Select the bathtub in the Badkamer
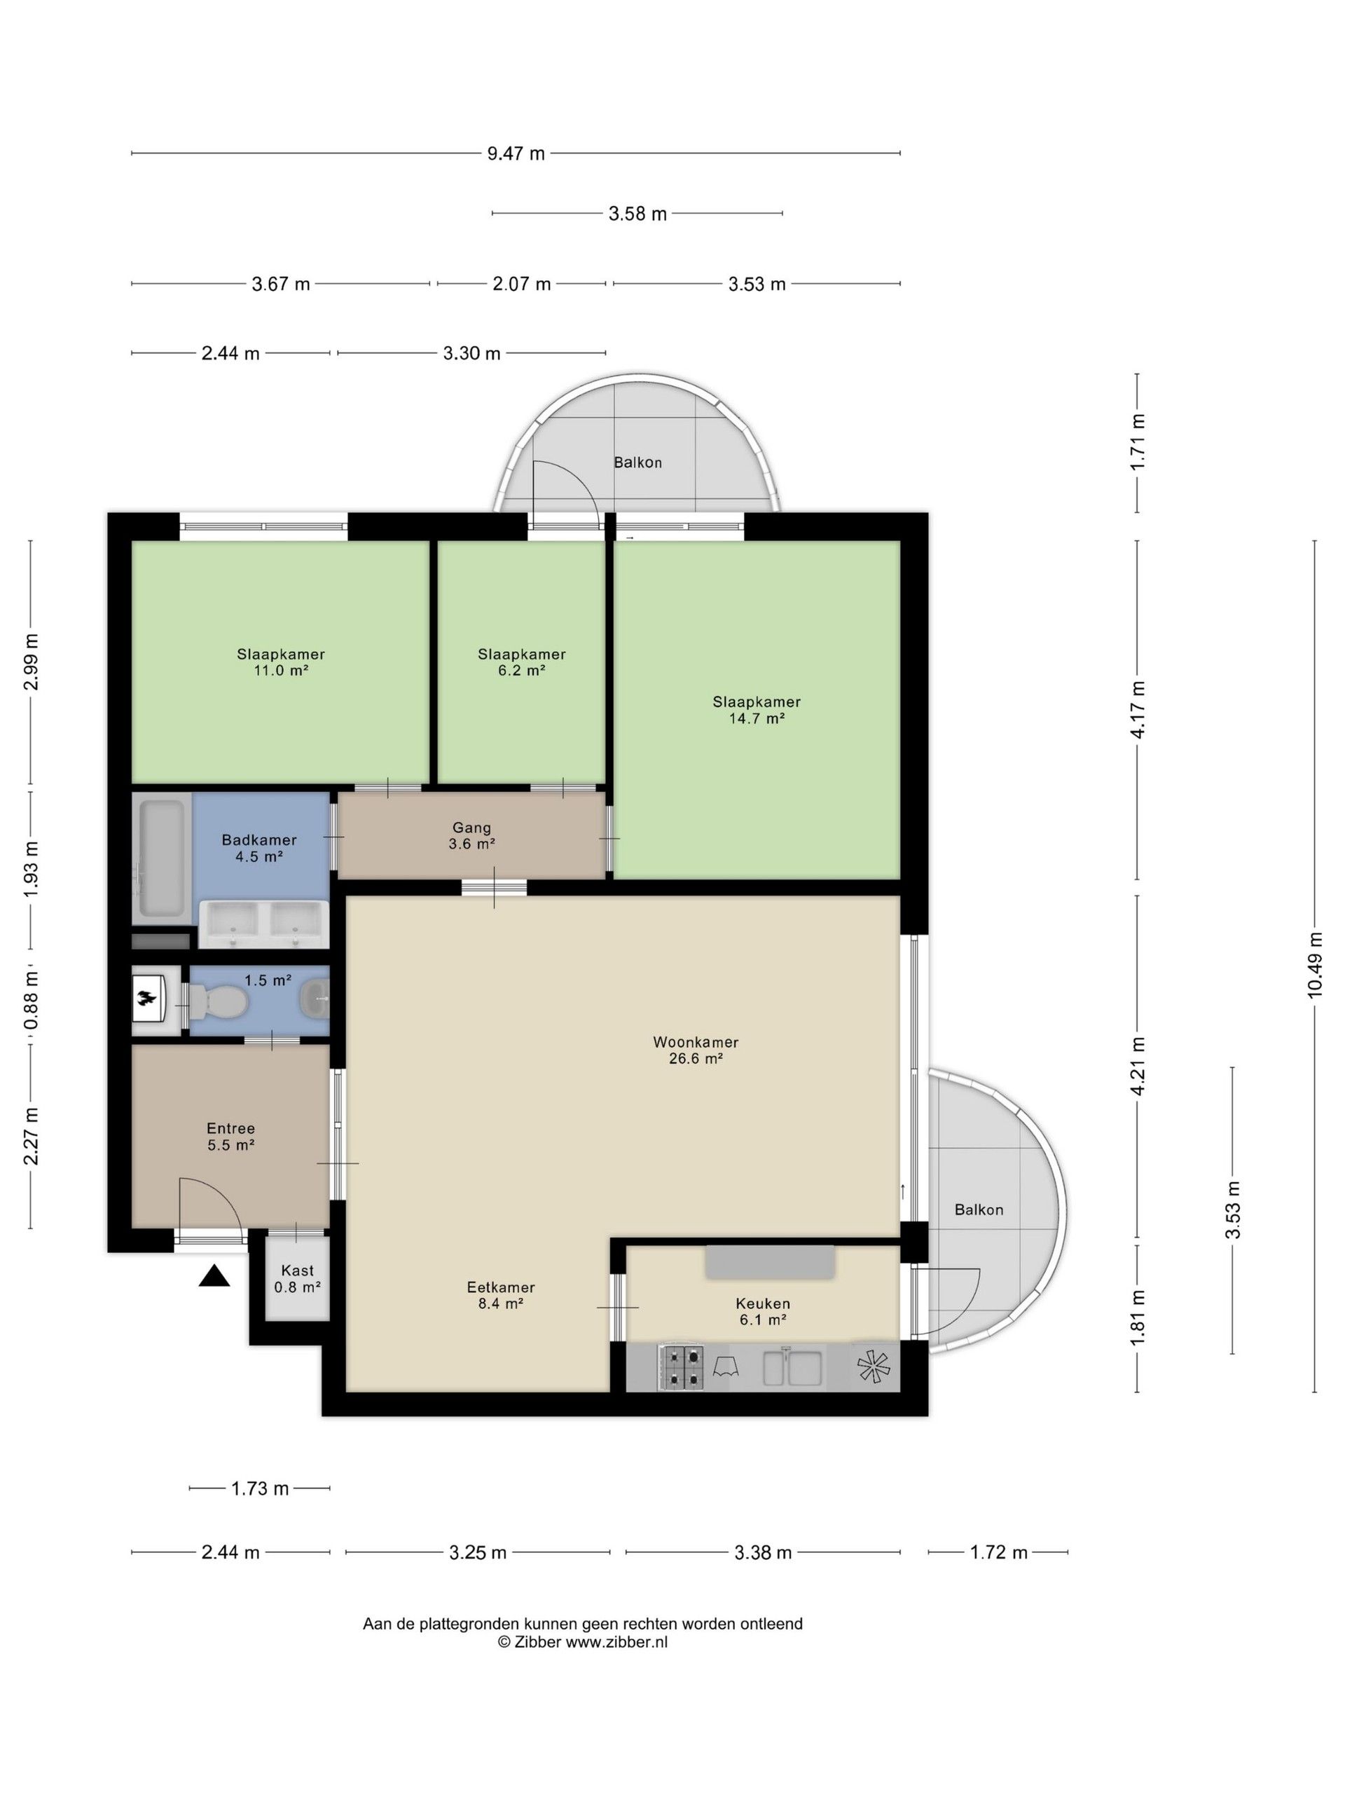(161, 860)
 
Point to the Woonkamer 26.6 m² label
(696, 1050)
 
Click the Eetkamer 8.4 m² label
(501, 1296)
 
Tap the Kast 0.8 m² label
(298, 1279)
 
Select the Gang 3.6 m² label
(472, 835)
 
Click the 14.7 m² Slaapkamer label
(757, 710)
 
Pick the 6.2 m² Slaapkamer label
(521, 662)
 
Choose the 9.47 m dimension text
(516, 153)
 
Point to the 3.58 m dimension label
(638, 213)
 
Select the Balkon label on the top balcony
(638, 463)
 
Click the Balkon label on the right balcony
(979, 1210)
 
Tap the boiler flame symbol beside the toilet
(146, 1001)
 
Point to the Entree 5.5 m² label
(231, 1136)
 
